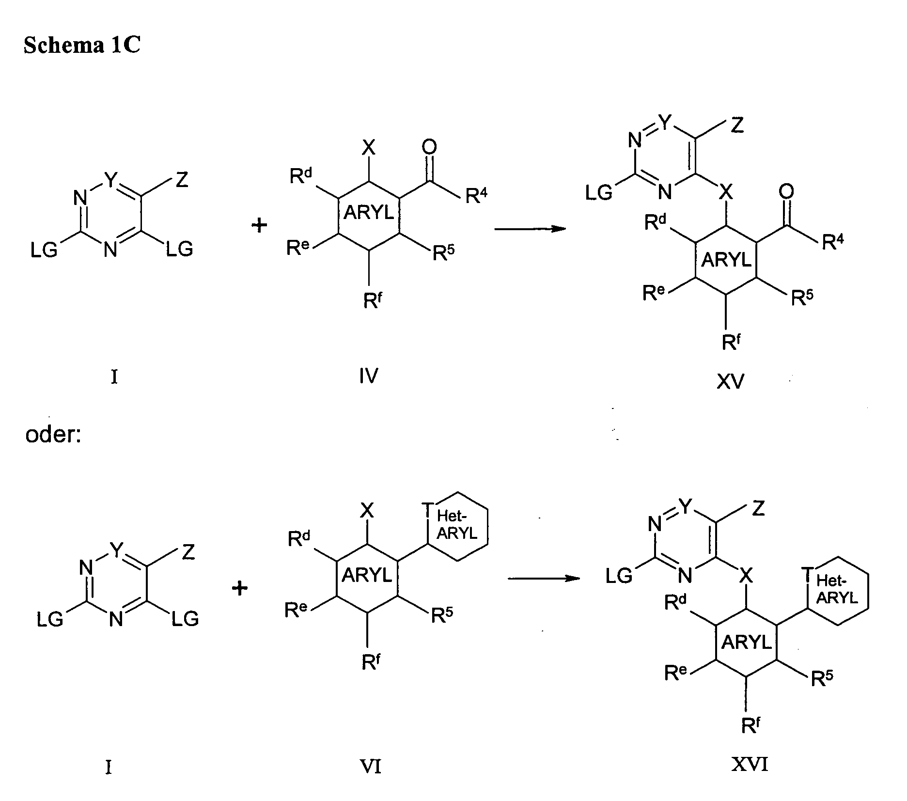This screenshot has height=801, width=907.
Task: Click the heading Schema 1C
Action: (x=82, y=46)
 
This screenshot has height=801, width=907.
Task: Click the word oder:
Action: (x=53, y=435)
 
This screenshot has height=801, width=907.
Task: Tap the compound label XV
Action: (x=730, y=382)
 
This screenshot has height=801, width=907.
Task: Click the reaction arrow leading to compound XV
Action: (x=530, y=228)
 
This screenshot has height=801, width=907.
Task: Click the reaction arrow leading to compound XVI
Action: (x=543, y=578)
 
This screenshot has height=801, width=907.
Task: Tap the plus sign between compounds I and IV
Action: (x=260, y=225)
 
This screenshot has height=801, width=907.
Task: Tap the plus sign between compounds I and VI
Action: (x=239, y=589)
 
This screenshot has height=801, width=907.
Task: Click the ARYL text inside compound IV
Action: (x=369, y=213)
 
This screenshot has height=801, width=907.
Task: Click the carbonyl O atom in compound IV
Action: (x=429, y=147)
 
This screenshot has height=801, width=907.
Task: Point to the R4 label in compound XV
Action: (x=833, y=242)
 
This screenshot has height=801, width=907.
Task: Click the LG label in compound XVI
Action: (x=619, y=576)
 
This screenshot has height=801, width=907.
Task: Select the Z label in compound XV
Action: (x=736, y=126)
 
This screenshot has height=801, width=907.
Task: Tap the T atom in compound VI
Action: (x=427, y=510)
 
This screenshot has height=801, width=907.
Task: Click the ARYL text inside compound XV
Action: (x=726, y=260)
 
